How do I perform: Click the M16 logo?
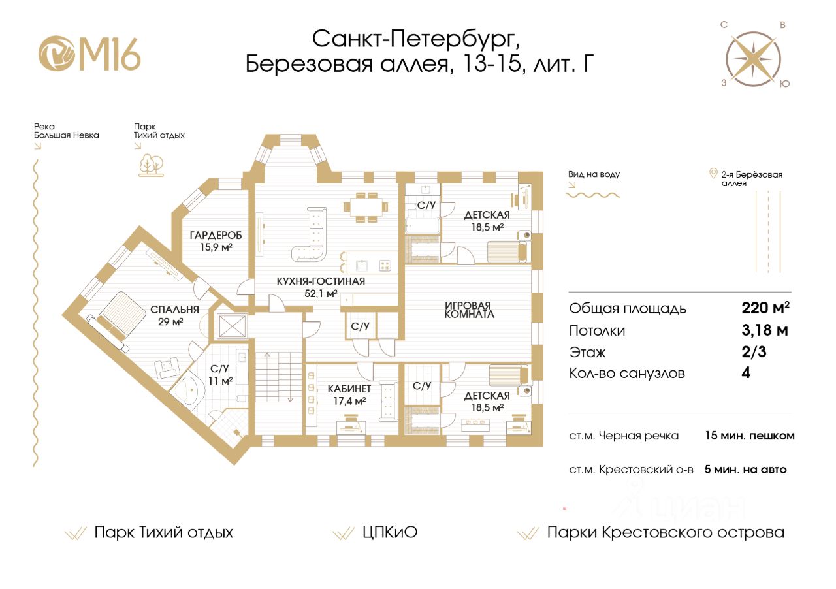[89, 54]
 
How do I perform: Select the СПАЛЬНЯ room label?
[174, 310]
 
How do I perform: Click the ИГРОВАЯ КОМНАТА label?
[469, 310]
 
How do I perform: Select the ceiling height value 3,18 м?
[760, 330]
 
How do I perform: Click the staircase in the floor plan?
[276, 392]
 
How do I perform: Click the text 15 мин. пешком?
[749, 436]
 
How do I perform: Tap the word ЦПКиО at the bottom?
[389, 532]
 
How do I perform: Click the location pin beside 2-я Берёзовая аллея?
[713, 174]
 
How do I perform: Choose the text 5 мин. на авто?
[745, 469]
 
